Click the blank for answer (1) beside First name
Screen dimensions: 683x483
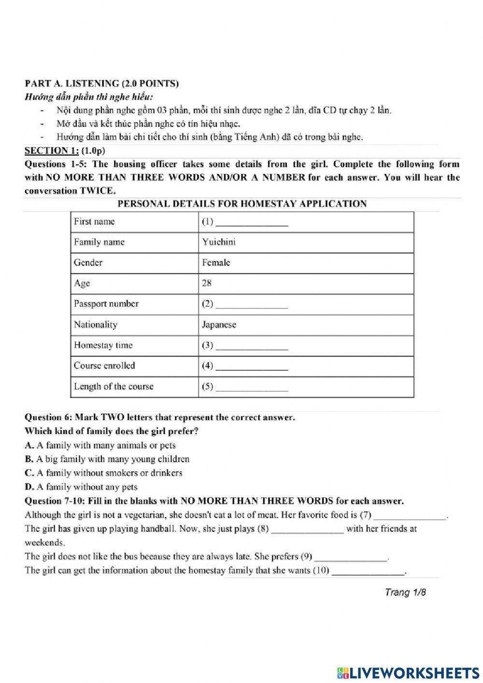click(x=252, y=223)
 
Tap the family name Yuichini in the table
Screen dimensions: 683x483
click(x=219, y=242)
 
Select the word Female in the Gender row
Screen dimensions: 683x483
click(x=216, y=262)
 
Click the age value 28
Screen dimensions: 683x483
click(x=207, y=283)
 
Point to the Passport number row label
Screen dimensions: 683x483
click(x=106, y=304)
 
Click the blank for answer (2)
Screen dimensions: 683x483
click(x=252, y=305)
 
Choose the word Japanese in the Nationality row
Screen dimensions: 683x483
click(x=219, y=325)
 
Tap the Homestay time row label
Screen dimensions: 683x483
click(x=103, y=345)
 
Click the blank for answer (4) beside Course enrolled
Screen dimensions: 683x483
click(x=252, y=367)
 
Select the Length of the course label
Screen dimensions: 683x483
click(x=114, y=387)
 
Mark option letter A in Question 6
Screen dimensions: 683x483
click(x=28, y=445)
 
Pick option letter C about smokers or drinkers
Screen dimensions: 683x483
click(x=28, y=473)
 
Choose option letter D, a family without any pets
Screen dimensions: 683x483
click(x=28, y=487)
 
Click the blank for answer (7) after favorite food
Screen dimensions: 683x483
click(x=410, y=517)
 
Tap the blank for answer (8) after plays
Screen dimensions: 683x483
click(x=308, y=530)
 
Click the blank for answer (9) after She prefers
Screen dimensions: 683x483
click(x=351, y=558)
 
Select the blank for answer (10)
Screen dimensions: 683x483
click(x=369, y=572)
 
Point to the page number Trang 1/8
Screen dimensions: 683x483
click(x=405, y=592)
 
